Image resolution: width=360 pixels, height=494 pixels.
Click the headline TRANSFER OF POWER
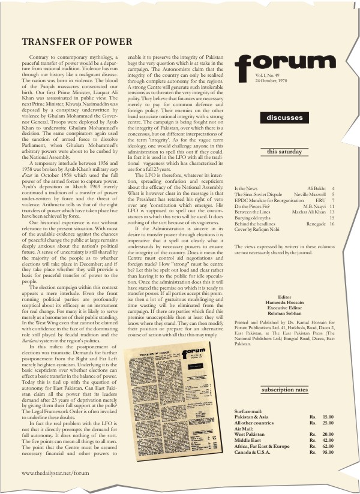77,42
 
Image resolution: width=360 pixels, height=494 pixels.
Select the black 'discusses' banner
284,118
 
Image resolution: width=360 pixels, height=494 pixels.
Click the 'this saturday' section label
284,152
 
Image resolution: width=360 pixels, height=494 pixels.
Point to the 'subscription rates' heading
284,390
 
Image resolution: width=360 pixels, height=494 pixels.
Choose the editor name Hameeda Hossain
284,302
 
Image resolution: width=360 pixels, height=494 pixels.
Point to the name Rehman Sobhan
284,313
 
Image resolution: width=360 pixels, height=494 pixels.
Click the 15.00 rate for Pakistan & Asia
328,417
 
